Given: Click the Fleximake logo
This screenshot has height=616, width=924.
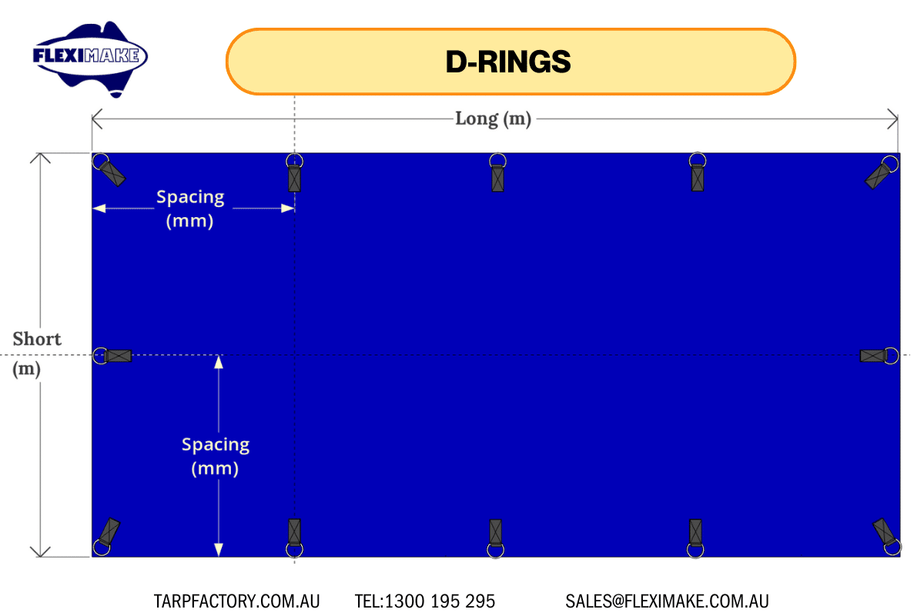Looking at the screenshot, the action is click(x=90, y=58).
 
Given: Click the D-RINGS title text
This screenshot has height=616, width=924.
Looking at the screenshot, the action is click(x=508, y=62).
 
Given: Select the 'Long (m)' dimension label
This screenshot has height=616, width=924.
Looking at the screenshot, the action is click(x=493, y=119).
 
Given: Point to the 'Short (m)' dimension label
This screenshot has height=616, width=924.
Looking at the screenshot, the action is click(x=37, y=353).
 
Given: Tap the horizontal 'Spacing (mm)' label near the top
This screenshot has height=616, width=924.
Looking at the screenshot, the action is click(x=190, y=209).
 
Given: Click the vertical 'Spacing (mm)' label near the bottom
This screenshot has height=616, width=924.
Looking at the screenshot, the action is click(x=216, y=457).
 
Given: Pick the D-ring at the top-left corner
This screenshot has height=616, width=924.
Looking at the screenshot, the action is click(x=109, y=169).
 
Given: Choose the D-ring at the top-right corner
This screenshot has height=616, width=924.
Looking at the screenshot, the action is click(x=882, y=172).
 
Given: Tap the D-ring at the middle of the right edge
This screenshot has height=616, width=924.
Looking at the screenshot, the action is click(x=879, y=356).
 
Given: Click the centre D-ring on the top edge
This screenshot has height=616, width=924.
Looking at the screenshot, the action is click(x=498, y=172).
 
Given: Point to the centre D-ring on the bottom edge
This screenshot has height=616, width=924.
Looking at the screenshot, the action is click(x=495, y=538).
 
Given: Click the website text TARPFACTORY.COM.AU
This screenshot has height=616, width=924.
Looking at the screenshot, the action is click(x=237, y=601).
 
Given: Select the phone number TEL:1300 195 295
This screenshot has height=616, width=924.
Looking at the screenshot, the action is click(x=425, y=601).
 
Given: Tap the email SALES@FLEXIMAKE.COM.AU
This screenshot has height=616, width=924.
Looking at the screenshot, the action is click(x=667, y=601).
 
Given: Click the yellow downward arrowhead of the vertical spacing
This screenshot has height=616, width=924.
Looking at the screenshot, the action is click(x=219, y=550).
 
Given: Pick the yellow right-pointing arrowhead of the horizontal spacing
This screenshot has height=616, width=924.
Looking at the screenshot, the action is click(x=287, y=209).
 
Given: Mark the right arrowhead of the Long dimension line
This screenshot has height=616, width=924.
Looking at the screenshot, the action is click(x=893, y=119).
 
